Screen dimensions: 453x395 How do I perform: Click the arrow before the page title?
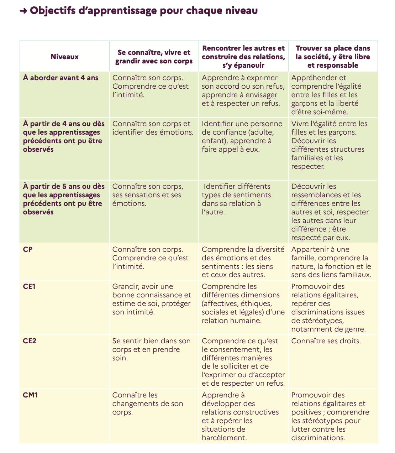[23, 11]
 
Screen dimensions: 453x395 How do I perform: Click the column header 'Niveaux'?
[64, 57]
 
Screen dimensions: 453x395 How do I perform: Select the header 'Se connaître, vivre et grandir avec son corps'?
[154, 57]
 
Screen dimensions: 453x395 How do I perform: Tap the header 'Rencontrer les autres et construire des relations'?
[243, 57]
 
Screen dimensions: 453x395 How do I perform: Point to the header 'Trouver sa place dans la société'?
[333, 57]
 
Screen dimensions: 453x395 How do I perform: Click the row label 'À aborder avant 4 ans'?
[61, 78]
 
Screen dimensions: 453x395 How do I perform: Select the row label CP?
[28, 249]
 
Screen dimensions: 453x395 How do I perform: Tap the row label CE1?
[29, 286]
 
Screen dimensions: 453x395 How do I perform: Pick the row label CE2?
[30, 341]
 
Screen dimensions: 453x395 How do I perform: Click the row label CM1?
[30, 395]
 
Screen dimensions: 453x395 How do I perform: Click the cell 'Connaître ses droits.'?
[326, 341]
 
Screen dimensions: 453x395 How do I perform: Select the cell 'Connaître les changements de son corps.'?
[148, 403]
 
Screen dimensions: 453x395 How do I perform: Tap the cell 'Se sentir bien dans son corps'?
[151, 349]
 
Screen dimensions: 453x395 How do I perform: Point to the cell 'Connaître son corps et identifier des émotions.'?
[153, 128]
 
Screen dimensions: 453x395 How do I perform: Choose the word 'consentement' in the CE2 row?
[238, 349]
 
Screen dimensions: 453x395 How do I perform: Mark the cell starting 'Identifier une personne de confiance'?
[242, 136]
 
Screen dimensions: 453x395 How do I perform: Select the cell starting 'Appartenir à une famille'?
[331, 262]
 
